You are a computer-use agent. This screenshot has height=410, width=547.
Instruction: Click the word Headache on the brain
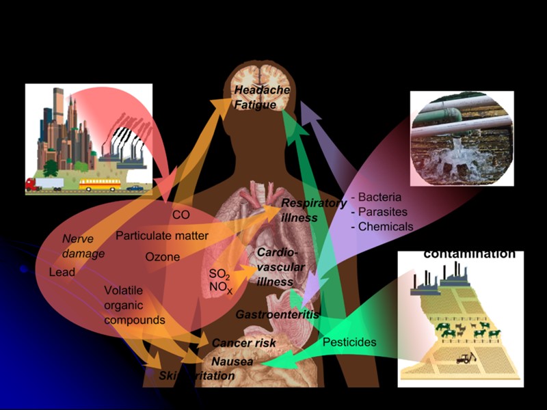tap(262, 91)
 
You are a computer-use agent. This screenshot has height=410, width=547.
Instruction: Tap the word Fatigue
tap(255, 105)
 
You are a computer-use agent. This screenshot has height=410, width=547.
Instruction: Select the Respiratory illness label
tap(313, 210)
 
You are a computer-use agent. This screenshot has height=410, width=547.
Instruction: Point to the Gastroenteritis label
tap(278, 315)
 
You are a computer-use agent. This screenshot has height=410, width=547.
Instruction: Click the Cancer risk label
tap(244, 343)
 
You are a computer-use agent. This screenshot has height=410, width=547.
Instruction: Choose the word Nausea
tap(232, 361)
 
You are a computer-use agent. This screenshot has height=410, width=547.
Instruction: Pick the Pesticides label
tap(349, 342)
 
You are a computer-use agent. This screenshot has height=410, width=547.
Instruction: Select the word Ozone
tap(163, 258)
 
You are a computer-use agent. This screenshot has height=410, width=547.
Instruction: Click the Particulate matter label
tap(162, 236)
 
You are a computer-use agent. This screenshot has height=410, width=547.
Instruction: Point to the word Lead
tap(62, 272)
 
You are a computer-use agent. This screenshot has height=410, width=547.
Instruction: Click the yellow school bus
tap(100, 184)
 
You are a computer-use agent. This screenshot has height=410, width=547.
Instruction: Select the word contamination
tap(469, 254)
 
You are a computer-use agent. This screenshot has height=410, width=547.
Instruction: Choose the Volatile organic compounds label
tap(135, 305)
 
